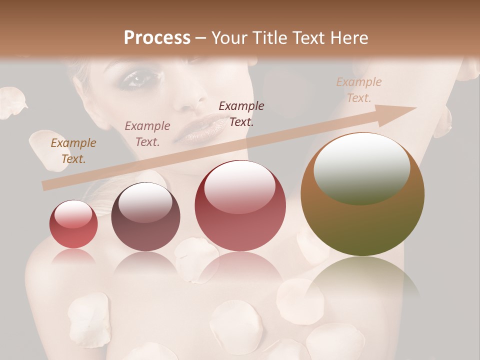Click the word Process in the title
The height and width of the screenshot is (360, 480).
click(157, 38)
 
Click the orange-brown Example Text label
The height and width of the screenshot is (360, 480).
click(73, 150)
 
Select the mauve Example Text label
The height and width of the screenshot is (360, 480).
click(147, 133)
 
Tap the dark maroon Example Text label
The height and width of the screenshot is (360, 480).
click(241, 113)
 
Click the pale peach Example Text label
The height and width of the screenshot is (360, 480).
click(359, 89)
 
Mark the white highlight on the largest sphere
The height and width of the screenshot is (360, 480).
click(361, 167)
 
